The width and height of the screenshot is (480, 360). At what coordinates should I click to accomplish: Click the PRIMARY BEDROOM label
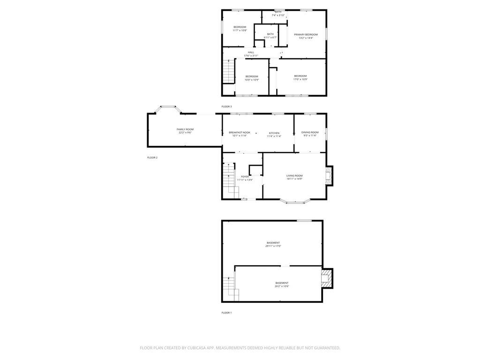click(x=306, y=35)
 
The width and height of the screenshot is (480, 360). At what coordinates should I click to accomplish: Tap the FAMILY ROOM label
click(x=185, y=129)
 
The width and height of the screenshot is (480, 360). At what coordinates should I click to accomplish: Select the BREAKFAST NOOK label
click(x=240, y=133)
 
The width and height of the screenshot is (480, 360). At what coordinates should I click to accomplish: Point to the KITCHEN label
click(x=274, y=133)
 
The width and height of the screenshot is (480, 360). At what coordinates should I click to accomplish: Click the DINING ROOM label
click(x=310, y=133)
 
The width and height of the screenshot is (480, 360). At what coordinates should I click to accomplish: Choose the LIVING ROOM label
click(x=294, y=175)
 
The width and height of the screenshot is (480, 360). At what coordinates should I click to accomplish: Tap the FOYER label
click(x=245, y=177)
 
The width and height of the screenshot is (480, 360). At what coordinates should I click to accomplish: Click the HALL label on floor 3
click(x=251, y=52)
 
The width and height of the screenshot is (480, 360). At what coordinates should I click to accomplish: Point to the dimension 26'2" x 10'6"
click(x=282, y=286)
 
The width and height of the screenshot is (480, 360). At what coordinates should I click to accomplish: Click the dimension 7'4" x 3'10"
click(x=278, y=15)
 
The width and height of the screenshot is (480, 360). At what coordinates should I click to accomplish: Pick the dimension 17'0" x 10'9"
click(x=300, y=80)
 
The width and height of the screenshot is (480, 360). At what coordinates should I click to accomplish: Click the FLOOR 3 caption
click(x=226, y=107)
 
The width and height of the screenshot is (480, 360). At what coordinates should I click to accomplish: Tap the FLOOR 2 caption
click(x=152, y=157)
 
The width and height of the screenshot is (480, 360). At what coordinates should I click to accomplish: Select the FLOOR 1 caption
click(x=226, y=313)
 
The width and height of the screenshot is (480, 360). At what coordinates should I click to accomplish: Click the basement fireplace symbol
click(x=327, y=278)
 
